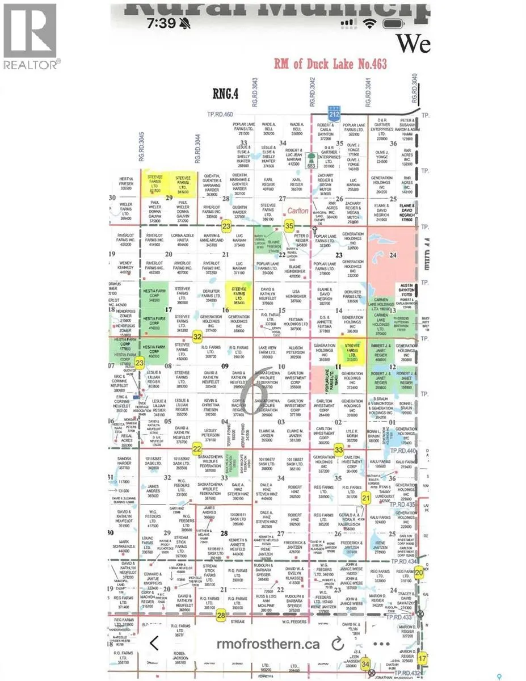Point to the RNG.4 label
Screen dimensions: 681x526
[225, 93]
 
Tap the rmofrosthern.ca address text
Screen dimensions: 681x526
[268, 644]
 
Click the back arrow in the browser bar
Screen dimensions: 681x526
[153, 643]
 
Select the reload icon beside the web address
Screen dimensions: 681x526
[338, 644]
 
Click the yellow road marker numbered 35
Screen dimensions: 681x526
[289, 226]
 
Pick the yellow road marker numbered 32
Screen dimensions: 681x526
[197, 337]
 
